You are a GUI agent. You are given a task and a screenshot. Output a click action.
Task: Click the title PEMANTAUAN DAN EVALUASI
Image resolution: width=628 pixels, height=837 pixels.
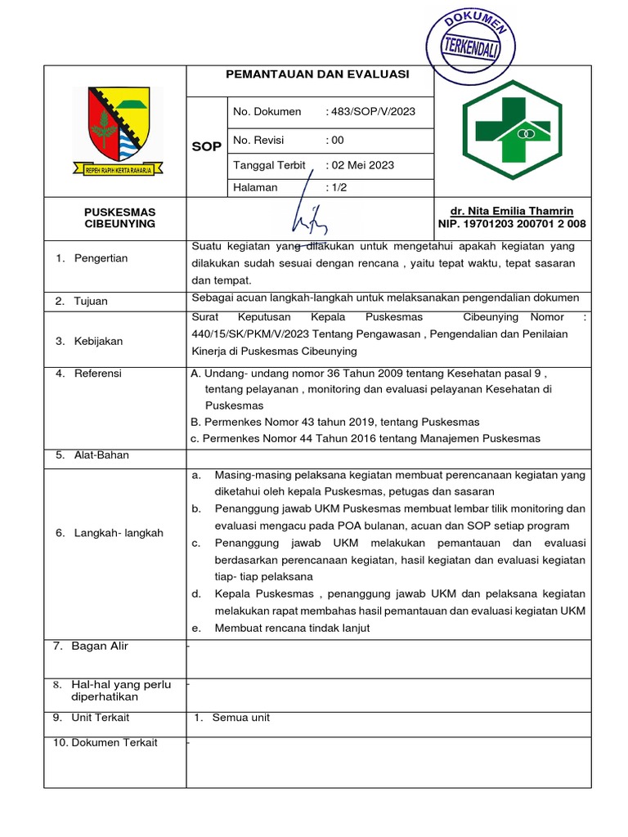317,74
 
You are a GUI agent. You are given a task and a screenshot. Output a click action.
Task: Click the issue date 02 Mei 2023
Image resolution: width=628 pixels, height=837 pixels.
361,165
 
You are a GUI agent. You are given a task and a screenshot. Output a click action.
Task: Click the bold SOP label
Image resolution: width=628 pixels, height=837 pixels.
206,146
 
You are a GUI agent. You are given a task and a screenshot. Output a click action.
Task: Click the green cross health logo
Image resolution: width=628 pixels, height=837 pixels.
513,130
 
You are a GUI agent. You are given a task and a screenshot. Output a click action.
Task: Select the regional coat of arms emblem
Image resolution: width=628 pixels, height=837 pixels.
118,131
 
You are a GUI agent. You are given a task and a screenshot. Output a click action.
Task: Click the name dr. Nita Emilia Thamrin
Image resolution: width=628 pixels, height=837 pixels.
513,211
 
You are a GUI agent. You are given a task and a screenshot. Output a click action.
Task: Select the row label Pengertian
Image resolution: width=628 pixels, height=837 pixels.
101,258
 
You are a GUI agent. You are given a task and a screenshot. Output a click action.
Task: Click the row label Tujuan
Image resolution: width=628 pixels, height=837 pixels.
91,301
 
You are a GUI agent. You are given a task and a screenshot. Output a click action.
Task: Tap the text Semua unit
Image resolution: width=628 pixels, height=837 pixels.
240,718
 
